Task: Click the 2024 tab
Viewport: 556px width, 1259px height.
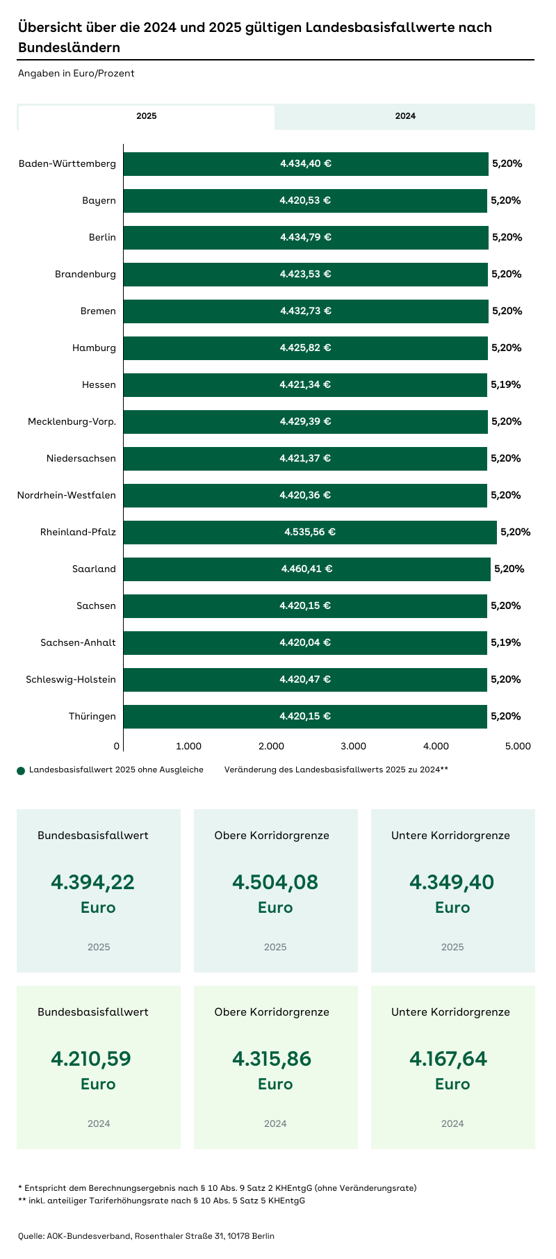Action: (x=405, y=116)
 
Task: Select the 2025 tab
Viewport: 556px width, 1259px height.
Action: (x=146, y=116)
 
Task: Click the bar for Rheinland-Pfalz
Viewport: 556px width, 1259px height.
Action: (x=310, y=532)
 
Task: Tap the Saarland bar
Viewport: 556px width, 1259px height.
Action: (x=306, y=569)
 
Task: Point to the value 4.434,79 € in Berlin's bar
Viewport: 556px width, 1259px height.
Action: (x=306, y=237)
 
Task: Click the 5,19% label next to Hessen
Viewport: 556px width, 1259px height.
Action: (x=505, y=384)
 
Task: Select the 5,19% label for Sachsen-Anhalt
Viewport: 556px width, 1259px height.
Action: (x=505, y=642)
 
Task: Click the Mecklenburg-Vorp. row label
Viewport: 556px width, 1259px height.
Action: (x=72, y=421)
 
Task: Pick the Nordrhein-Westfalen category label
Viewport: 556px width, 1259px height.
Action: (x=67, y=495)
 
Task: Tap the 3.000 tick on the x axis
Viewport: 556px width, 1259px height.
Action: (x=353, y=746)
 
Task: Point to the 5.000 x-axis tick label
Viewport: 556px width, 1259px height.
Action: (x=518, y=746)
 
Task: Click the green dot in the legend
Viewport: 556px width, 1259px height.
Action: (x=21, y=770)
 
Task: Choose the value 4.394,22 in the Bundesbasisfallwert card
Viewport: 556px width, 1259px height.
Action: (x=92, y=882)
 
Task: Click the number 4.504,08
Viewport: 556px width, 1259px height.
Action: (x=275, y=882)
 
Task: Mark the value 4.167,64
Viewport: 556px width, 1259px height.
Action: (x=448, y=1059)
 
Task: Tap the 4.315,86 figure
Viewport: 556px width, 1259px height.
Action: (x=272, y=1059)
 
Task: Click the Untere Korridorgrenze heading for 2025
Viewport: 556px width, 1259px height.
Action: (x=450, y=835)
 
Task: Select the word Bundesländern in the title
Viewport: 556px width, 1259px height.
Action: (x=69, y=47)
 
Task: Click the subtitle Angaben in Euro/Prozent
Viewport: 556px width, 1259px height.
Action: (x=76, y=73)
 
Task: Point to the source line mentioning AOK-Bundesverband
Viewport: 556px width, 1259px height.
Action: (x=146, y=1235)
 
